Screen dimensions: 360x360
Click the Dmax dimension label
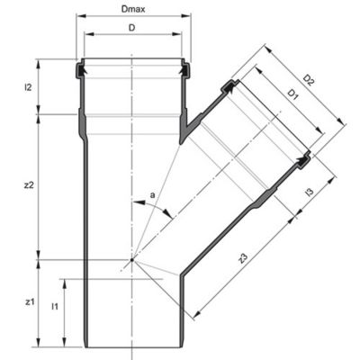133,9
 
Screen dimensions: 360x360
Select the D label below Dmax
132,28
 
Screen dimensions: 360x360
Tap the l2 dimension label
28,87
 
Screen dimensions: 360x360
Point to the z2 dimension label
29,185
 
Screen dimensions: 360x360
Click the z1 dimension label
29,302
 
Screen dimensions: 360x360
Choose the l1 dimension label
54,307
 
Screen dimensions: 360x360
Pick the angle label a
153,195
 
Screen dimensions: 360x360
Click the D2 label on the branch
309,80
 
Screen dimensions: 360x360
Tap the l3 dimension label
310,192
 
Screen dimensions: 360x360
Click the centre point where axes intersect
132,260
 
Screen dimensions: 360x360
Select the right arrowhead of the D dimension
177,34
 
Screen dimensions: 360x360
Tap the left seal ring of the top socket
81,71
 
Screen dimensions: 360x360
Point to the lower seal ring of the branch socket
303,162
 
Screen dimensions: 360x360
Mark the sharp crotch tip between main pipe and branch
180,143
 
